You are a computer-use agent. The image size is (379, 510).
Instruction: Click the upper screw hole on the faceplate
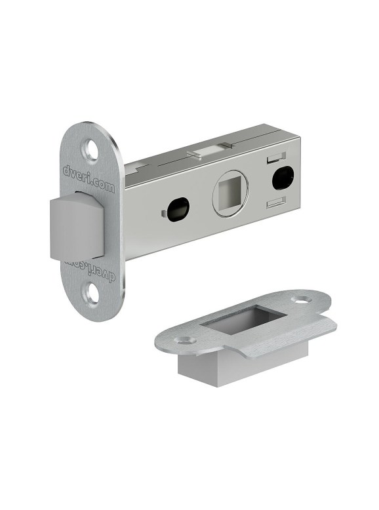pyautogui.click(x=92, y=149)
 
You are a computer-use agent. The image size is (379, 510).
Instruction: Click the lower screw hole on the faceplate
pyautogui.click(x=92, y=294)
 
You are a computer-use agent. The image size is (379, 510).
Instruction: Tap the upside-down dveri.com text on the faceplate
pyautogui.click(x=89, y=267)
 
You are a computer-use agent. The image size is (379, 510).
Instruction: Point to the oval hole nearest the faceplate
pyautogui.click(x=178, y=209)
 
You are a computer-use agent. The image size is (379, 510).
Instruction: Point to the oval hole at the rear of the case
pyautogui.click(x=283, y=178)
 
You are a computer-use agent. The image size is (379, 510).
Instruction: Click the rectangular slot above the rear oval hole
pyautogui.click(x=276, y=157)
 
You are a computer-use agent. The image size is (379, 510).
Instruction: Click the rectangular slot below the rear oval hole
pyautogui.click(x=276, y=202)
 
